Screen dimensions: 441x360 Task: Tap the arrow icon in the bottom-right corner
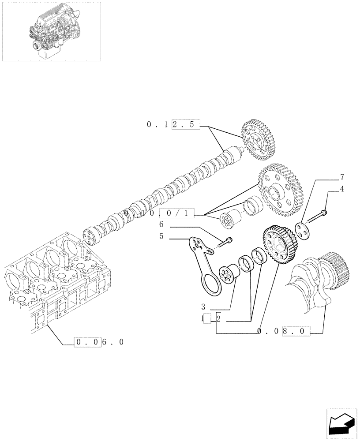341,424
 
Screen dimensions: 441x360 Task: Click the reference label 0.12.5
173,125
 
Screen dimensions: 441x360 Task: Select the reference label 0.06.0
99,342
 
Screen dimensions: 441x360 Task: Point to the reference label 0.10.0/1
159,214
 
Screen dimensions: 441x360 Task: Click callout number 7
342,178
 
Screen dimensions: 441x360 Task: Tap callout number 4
342,190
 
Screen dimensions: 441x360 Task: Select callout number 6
162,224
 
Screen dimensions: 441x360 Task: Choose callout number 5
162,236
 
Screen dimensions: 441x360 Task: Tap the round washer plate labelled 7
302,230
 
